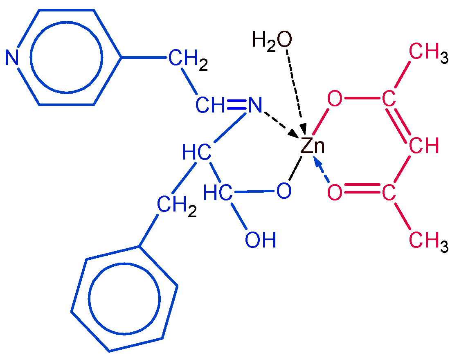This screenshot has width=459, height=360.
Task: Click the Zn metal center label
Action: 312,146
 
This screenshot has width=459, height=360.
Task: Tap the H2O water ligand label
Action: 272,40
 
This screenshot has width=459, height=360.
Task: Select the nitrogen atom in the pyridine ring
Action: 12,58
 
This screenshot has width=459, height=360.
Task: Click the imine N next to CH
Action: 254,106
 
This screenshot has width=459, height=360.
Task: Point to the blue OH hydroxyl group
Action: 260,240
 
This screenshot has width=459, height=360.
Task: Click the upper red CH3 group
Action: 428,54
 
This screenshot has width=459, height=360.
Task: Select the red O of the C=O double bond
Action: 335,193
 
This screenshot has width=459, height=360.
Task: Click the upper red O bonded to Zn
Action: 335,99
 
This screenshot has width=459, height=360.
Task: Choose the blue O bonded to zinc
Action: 283,191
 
